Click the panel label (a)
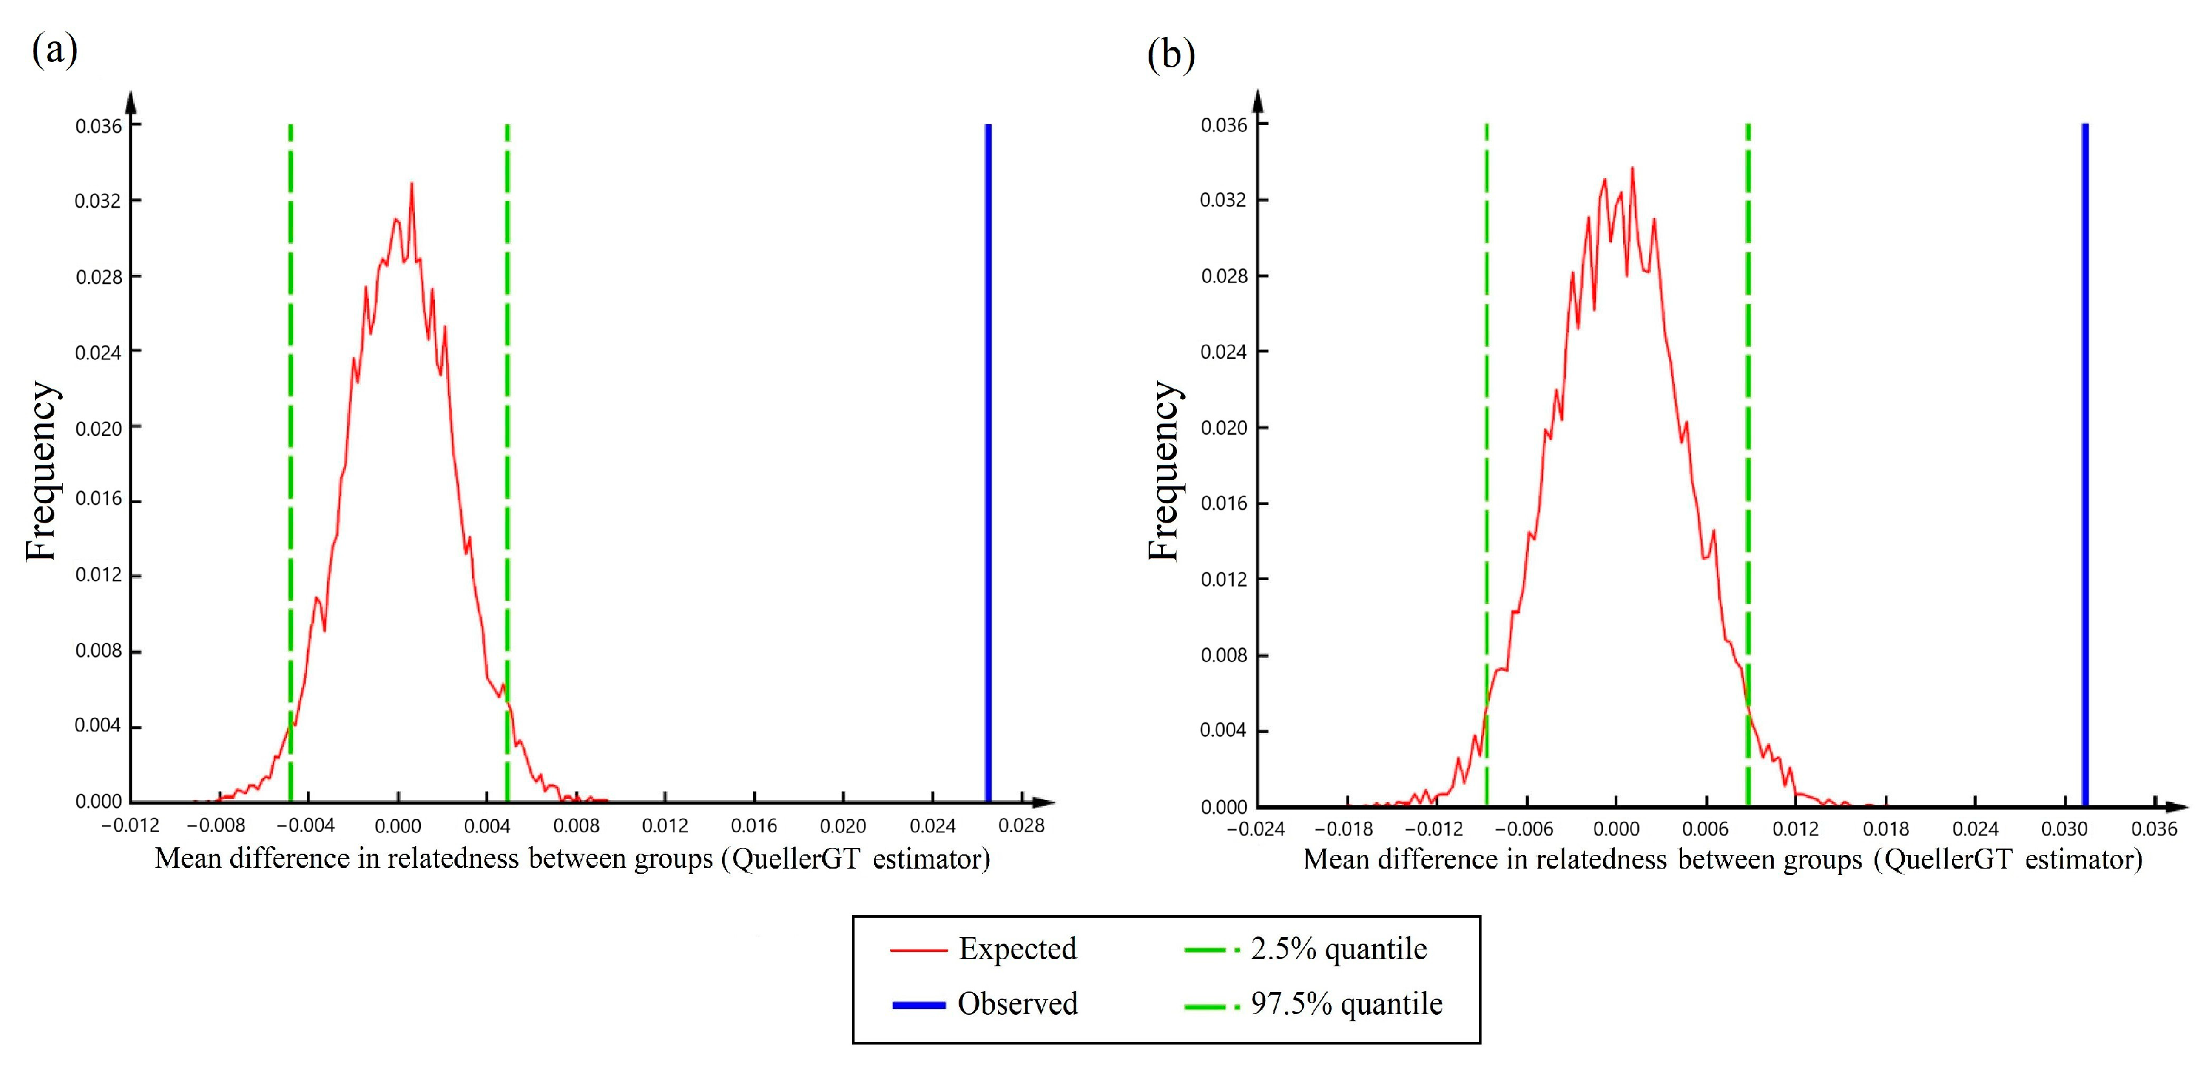click(54, 50)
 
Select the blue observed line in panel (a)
click(988, 464)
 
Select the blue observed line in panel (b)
click(2085, 464)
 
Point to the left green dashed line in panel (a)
click(290, 429)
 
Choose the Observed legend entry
click(1017, 1003)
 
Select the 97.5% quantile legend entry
click(1346, 1003)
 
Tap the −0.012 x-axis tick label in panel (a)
click(130, 825)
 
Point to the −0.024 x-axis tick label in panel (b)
click(1255, 829)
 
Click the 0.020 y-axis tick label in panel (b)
click(1224, 427)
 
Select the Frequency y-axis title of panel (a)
click(41, 471)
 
